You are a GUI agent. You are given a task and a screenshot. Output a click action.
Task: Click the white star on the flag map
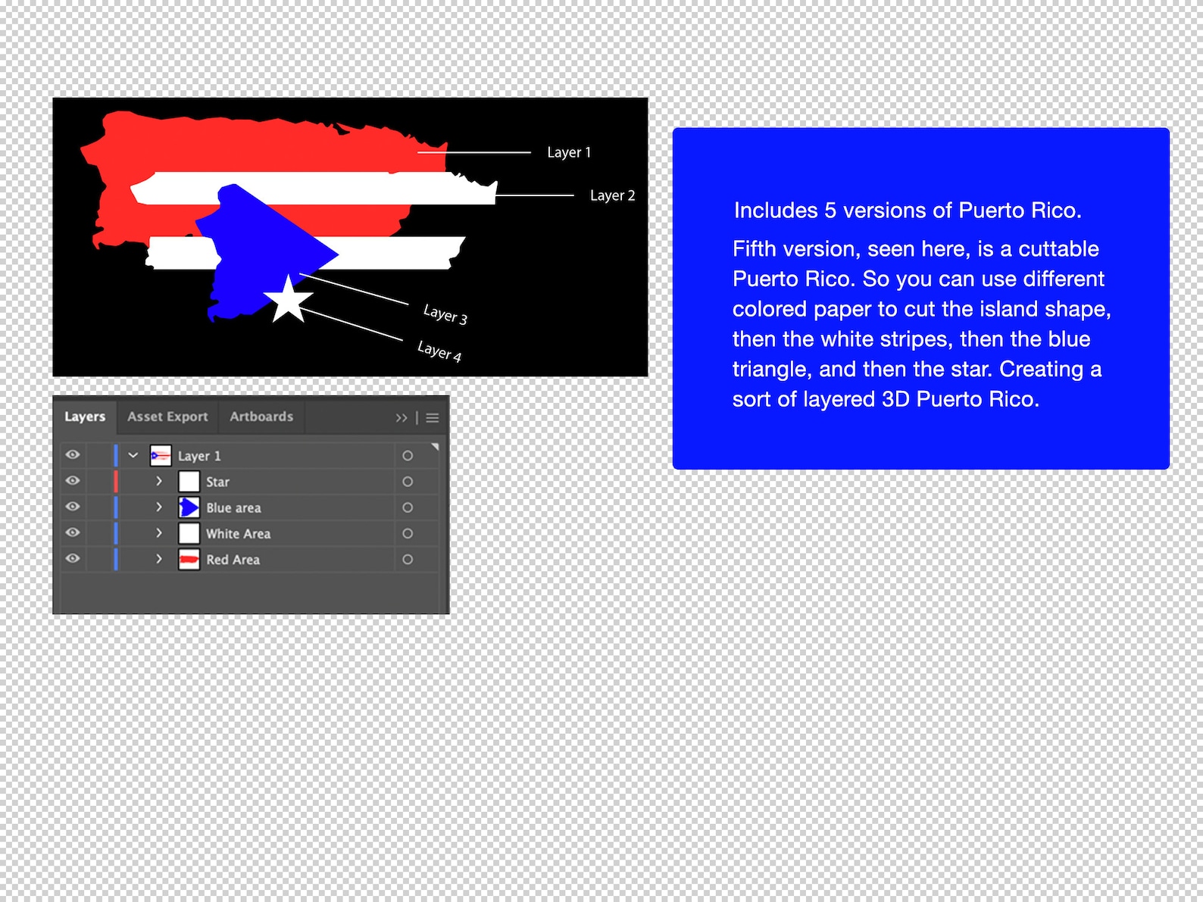(288, 300)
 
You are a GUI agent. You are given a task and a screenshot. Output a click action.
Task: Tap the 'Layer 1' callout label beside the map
(568, 152)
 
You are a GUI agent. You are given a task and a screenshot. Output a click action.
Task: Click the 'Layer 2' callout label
(612, 195)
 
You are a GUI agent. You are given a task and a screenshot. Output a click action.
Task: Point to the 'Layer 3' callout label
(445, 314)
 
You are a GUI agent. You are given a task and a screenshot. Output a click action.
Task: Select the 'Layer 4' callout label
(439, 351)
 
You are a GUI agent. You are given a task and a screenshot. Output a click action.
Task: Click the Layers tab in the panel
(85, 417)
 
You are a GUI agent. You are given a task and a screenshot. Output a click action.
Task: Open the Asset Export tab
(167, 417)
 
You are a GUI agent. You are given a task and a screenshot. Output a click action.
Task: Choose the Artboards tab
(261, 417)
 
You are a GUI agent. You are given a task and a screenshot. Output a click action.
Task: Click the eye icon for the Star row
(73, 481)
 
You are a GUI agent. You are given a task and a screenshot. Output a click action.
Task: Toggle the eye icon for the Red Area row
(73, 559)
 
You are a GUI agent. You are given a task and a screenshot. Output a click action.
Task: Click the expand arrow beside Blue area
(159, 507)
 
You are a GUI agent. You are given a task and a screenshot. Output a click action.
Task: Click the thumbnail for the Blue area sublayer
(189, 507)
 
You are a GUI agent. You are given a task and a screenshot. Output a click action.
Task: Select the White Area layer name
(238, 534)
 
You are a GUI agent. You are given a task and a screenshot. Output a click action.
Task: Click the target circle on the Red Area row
(408, 560)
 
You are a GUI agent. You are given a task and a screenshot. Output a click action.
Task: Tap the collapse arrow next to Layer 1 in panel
(133, 455)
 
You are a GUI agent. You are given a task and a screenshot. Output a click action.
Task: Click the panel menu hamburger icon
(433, 417)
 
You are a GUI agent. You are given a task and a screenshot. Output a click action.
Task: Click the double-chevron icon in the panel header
(401, 417)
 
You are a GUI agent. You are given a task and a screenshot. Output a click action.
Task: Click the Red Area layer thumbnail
(189, 560)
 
